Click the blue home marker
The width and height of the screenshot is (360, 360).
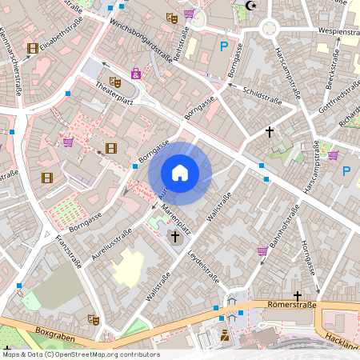coord(180,172)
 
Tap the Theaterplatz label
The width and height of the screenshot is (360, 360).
coord(112,95)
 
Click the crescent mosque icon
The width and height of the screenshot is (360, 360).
coord(254,6)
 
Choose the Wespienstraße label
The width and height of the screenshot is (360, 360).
coord(338,31)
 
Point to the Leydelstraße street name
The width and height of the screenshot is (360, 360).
coord(203,265)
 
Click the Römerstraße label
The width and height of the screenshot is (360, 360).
coord(294,305)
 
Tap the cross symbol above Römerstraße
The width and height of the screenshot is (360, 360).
coord(297,295)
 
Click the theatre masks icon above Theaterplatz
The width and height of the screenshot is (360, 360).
coord(115,81)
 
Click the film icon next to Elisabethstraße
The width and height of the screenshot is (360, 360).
coord(32,48)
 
